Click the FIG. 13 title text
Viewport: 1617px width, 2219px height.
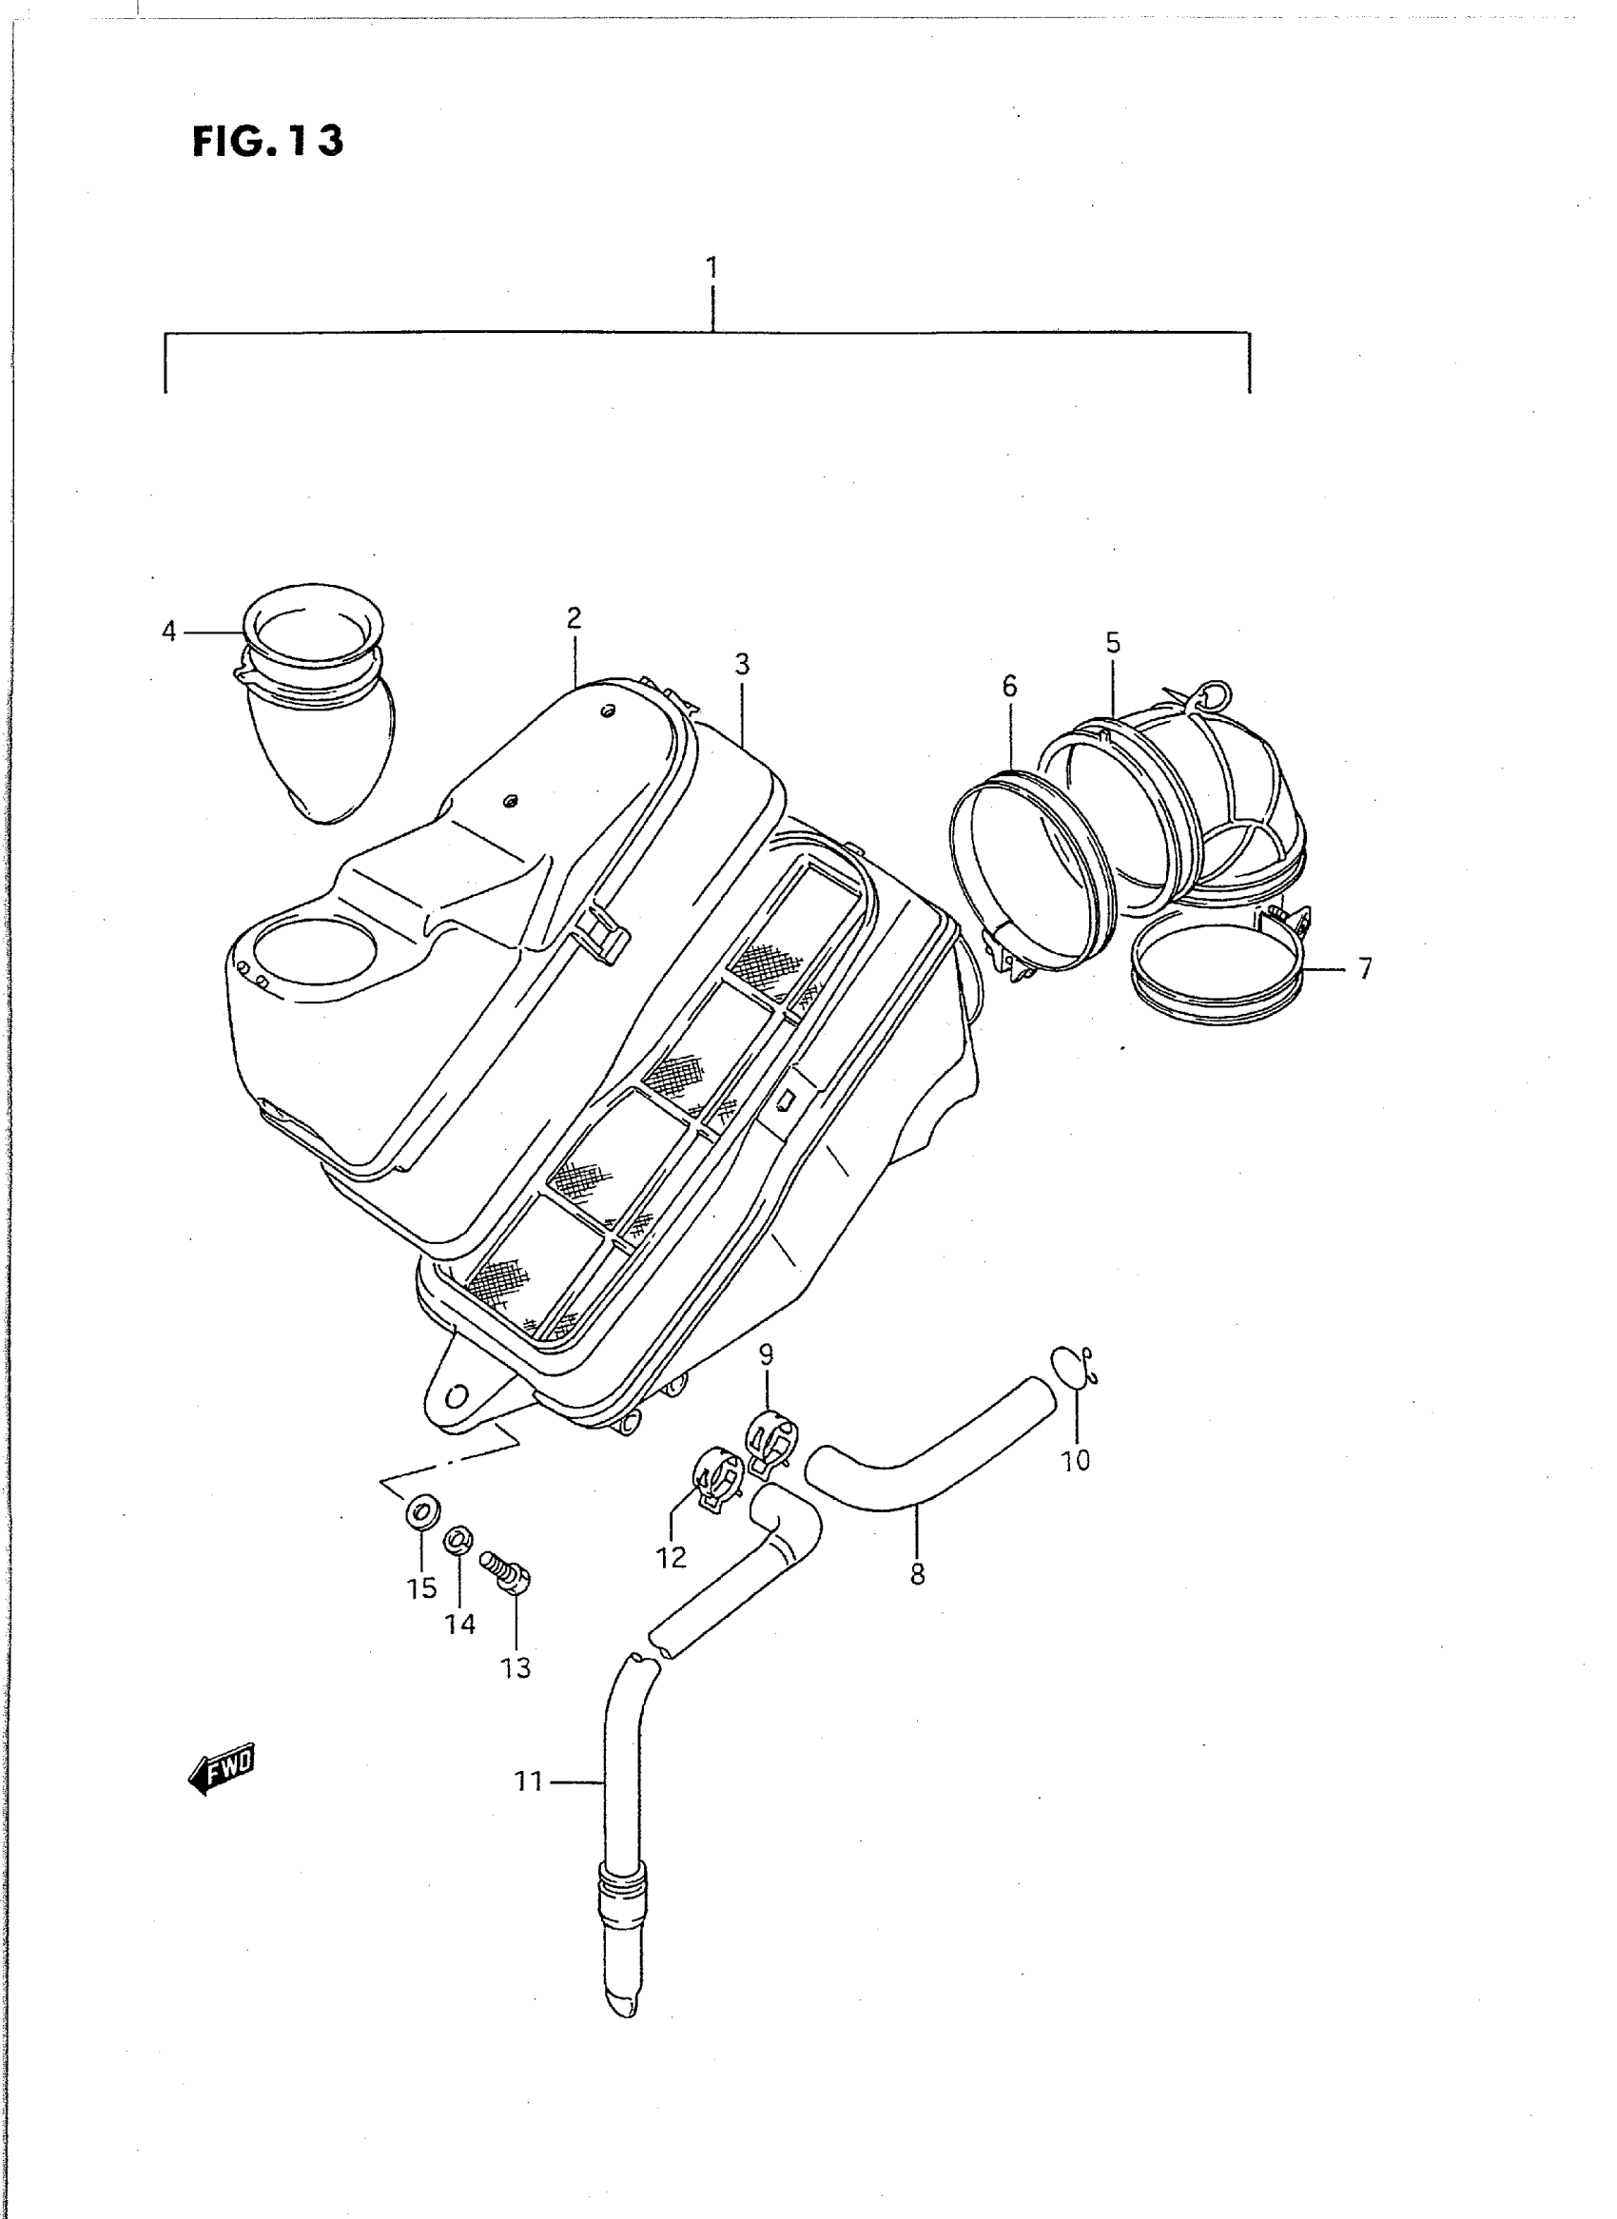[x=267, y=142]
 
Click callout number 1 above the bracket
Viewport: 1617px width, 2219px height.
[x=712, y=266]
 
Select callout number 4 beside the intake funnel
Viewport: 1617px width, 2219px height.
[x=169, y=633]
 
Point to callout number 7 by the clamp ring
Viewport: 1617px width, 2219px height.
[x=1365, y=969]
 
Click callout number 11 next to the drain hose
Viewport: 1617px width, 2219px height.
[x=529, y=1781]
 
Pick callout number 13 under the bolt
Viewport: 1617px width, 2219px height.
[x=516, y=1668]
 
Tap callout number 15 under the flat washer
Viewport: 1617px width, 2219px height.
[x=422, y=1587]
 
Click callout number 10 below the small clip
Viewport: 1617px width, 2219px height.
[x=1075, y=1488]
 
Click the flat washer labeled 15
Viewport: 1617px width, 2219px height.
[x=423, y=1513]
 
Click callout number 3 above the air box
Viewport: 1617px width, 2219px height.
[x=742, y=665]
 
